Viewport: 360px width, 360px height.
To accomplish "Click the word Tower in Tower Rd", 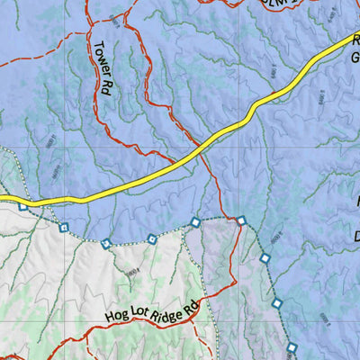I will (99, 56).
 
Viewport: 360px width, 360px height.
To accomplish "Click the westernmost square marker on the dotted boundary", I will (22, 206).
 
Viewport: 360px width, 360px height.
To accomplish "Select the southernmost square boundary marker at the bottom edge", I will (292, 347).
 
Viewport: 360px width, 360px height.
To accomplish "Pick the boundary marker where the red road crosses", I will (241, 220).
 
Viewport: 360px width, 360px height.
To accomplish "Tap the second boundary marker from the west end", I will (63, 227).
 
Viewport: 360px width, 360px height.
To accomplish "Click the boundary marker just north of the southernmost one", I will (277, 302).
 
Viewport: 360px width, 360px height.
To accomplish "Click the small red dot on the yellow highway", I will (274, 92).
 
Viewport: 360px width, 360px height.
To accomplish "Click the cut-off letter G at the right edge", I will (355, 56).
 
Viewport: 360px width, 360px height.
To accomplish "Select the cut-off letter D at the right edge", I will (355, 236).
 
